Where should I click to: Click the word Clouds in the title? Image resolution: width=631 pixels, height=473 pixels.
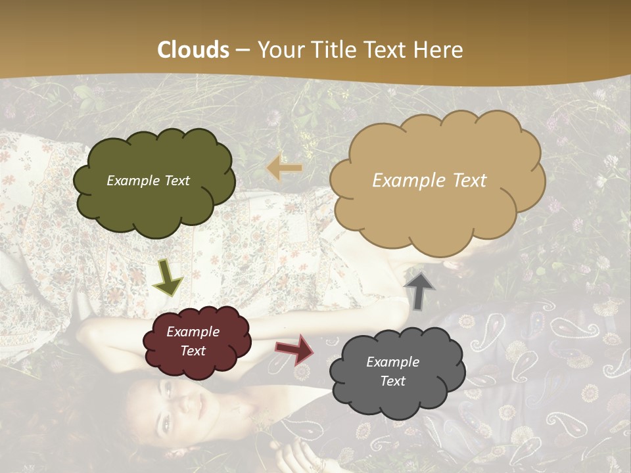pyautogui.click(x=193, y=50)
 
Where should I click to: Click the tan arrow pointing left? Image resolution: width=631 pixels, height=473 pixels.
pyautogui.click(x=284, y=168)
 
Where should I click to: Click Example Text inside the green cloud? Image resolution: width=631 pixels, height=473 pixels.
pyautogui.click(x=148, y=181)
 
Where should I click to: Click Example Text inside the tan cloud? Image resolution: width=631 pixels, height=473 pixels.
pyautogui.click(x=429, y=181)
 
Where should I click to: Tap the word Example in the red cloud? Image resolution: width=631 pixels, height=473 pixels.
pyautogui.click(x=193, y=332)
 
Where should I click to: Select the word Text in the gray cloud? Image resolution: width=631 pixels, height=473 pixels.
pyautogui.click(x=392, y=381)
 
